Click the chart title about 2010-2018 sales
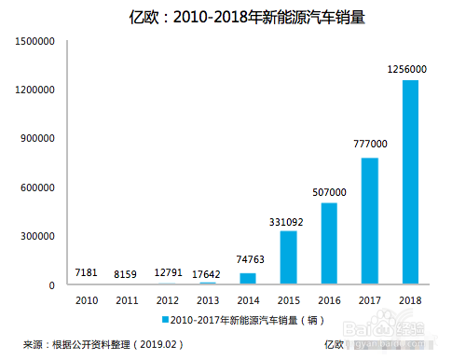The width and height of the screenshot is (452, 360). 227,16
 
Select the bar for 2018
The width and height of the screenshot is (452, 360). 410,182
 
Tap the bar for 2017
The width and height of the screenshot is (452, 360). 368,221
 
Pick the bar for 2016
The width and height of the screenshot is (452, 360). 329,243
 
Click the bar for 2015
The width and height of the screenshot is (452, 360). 289,257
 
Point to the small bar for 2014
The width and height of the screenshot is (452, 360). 248,278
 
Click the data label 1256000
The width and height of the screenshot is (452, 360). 406,69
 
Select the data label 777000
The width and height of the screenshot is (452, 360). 369,145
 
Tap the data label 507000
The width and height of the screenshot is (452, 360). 328,192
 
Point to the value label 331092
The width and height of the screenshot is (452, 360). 287,220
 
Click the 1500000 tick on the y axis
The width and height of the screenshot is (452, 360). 35,42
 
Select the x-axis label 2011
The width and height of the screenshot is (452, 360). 128,299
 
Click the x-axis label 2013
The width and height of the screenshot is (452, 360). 208,299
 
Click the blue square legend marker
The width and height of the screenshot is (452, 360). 166,319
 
